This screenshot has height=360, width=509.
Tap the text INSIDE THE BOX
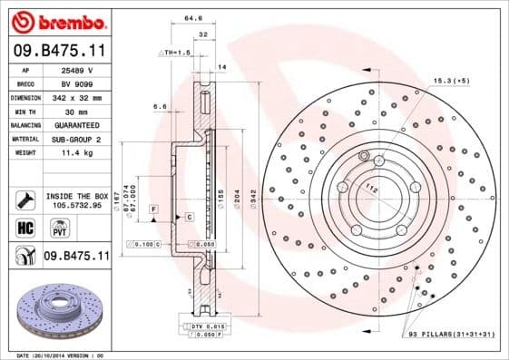(x=76, y=196)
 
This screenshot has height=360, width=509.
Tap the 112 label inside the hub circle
(x=370, y=189)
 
